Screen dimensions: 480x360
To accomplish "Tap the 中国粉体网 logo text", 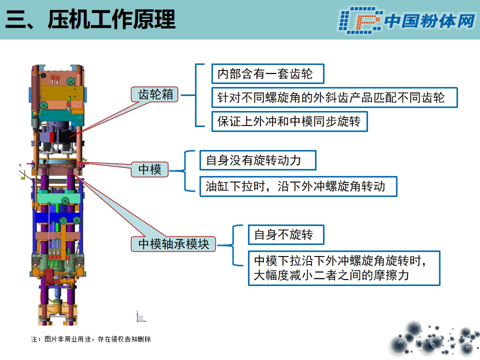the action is coord(429,21).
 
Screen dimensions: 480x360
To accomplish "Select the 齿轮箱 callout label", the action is coord(154,94).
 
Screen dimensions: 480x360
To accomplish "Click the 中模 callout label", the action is coord(149,169).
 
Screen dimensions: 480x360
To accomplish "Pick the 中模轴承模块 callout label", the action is coord(173,244).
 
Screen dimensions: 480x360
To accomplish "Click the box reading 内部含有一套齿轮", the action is coord(268,74).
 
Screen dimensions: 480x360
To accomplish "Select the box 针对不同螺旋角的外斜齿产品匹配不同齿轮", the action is coord(334,97).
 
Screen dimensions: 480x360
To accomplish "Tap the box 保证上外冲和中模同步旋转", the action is coord(289,121).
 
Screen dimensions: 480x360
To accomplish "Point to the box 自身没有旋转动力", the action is coord(258,160).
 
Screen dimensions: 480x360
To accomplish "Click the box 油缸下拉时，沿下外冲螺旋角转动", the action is coord(298,186).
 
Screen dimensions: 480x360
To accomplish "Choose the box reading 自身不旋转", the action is coord(286,235).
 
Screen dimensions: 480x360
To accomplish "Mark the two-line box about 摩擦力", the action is coord(344,268).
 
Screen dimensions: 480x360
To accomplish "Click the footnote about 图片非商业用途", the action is coord(91,339).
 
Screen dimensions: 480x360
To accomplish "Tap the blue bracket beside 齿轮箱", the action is coord(196,95).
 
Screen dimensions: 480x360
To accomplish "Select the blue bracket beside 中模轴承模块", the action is coord(233,245).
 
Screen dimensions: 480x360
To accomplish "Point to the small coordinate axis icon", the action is coord(141,317).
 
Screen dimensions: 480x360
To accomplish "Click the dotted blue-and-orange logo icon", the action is coord(360,20).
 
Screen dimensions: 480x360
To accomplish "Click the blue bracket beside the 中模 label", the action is coord(185,171).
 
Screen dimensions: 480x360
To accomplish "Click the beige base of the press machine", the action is coord(57,314).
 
